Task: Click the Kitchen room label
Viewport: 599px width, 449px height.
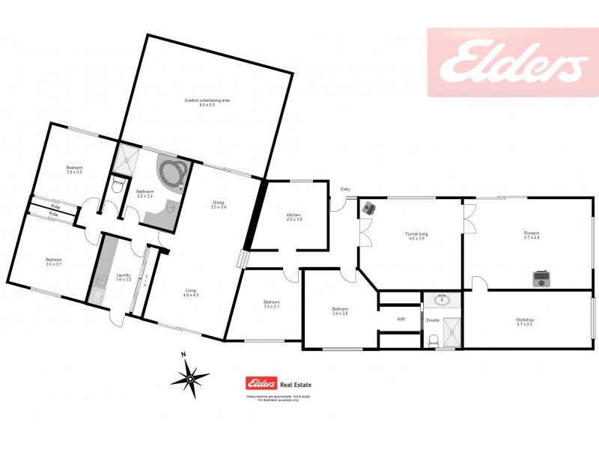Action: (294, 218)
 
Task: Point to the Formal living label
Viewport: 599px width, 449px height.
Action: (417, 236)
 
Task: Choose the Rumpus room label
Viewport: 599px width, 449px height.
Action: (531, 236)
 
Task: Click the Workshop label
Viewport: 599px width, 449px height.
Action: (524, 321)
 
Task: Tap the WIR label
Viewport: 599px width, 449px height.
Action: (401, 320)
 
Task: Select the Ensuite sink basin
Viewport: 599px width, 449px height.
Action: (443, 301)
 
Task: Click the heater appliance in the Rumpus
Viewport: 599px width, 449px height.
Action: (541, 279)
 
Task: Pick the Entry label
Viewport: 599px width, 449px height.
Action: (345, 189)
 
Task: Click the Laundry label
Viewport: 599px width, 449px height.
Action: (124, 278)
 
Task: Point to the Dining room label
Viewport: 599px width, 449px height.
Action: (218, 204)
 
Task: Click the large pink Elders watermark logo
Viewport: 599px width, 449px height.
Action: (512, 67)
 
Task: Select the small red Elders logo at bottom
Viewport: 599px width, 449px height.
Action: (261, 385)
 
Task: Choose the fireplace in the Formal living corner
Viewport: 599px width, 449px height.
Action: (368, 208)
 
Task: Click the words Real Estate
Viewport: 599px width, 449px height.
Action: (296, 385)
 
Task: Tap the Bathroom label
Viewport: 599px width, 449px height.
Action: (145, 193)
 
